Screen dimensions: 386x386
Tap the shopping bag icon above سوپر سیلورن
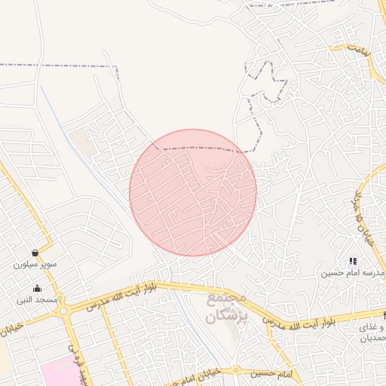36,253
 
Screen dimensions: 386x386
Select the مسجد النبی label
37,300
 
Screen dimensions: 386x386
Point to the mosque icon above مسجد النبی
37,288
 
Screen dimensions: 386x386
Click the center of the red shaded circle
193,193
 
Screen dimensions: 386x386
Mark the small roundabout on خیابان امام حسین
236,371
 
